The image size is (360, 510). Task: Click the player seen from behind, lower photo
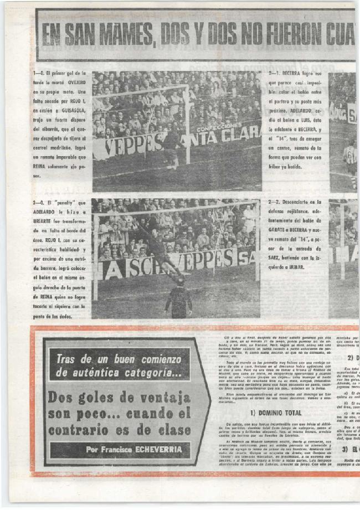[x=178, y=299]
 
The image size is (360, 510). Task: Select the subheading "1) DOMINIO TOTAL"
[x=276, y=412]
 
